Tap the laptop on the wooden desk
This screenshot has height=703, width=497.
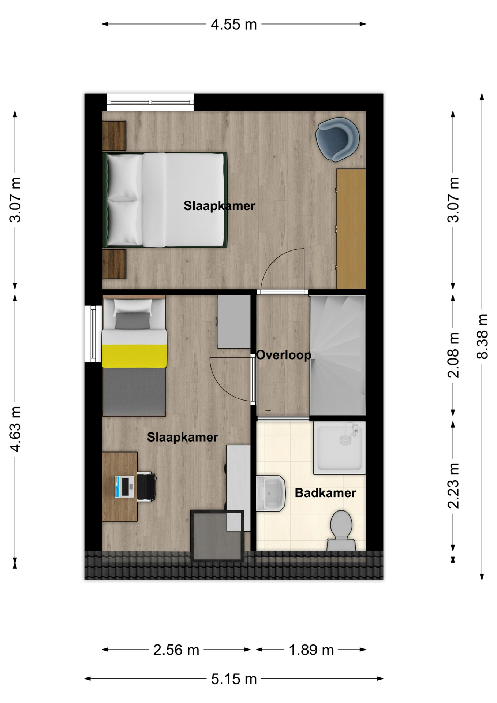(124, 487)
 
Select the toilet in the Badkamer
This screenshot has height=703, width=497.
(341, 531)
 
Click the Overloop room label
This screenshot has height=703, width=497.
(284, 355)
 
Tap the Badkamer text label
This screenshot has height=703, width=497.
(325, 493)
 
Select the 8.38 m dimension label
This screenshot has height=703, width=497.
(482, 336)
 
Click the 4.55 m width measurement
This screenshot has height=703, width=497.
(234, 25)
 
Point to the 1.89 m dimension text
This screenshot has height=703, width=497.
(311, 650)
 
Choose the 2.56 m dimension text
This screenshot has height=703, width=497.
(176, 650)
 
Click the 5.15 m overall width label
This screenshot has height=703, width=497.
(234, 679)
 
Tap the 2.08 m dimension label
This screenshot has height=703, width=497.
(453, 355)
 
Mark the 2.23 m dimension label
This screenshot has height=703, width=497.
(453, 486)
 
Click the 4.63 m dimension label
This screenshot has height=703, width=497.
(15, 428)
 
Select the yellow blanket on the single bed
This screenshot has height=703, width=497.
(134, 356)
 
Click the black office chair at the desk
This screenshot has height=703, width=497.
(146, 487)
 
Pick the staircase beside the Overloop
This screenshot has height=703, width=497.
(337, 356)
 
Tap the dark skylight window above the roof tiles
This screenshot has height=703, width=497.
(217, 536)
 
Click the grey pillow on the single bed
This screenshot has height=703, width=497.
(132, 321)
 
